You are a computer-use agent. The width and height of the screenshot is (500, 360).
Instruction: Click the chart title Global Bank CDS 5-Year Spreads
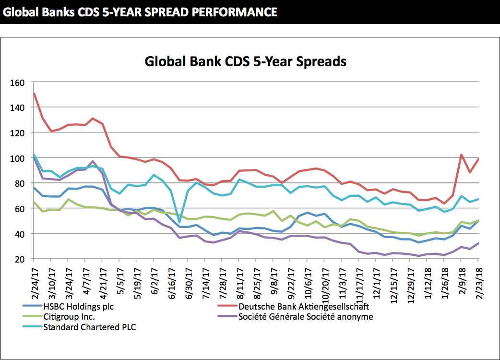246,62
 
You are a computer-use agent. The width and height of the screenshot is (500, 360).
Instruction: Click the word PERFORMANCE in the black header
234,12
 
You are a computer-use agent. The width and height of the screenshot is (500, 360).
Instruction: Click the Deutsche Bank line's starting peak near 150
34,94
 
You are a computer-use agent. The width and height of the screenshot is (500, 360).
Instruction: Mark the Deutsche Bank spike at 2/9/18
461,155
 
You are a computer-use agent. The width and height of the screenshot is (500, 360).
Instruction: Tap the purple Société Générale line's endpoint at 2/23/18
478,243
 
